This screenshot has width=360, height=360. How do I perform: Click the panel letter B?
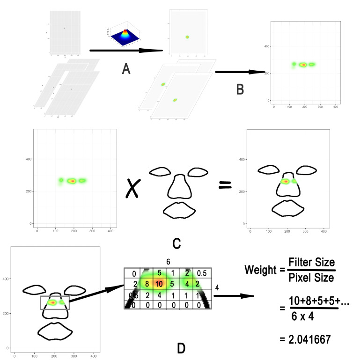tap(239, 88)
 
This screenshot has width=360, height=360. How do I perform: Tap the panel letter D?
tap(181, 347)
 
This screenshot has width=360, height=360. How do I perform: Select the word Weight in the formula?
tap(259, 270)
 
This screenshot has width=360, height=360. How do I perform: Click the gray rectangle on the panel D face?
tap(55, 302)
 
